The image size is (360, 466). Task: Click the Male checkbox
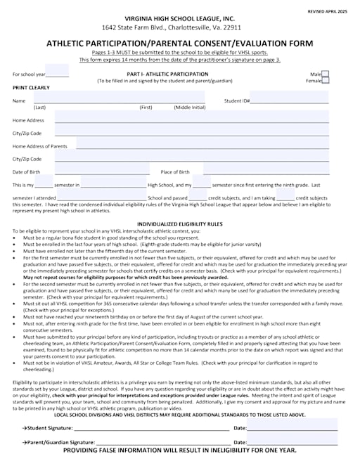(325, 74)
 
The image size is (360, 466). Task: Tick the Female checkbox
(325, 81)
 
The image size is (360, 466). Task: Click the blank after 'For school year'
(58, 74)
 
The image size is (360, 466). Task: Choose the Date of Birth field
(102, 171)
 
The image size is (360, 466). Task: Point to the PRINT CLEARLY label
(32, 88)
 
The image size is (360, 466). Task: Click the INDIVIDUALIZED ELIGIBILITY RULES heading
(179, 224)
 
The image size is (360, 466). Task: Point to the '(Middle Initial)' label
(190, 107)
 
